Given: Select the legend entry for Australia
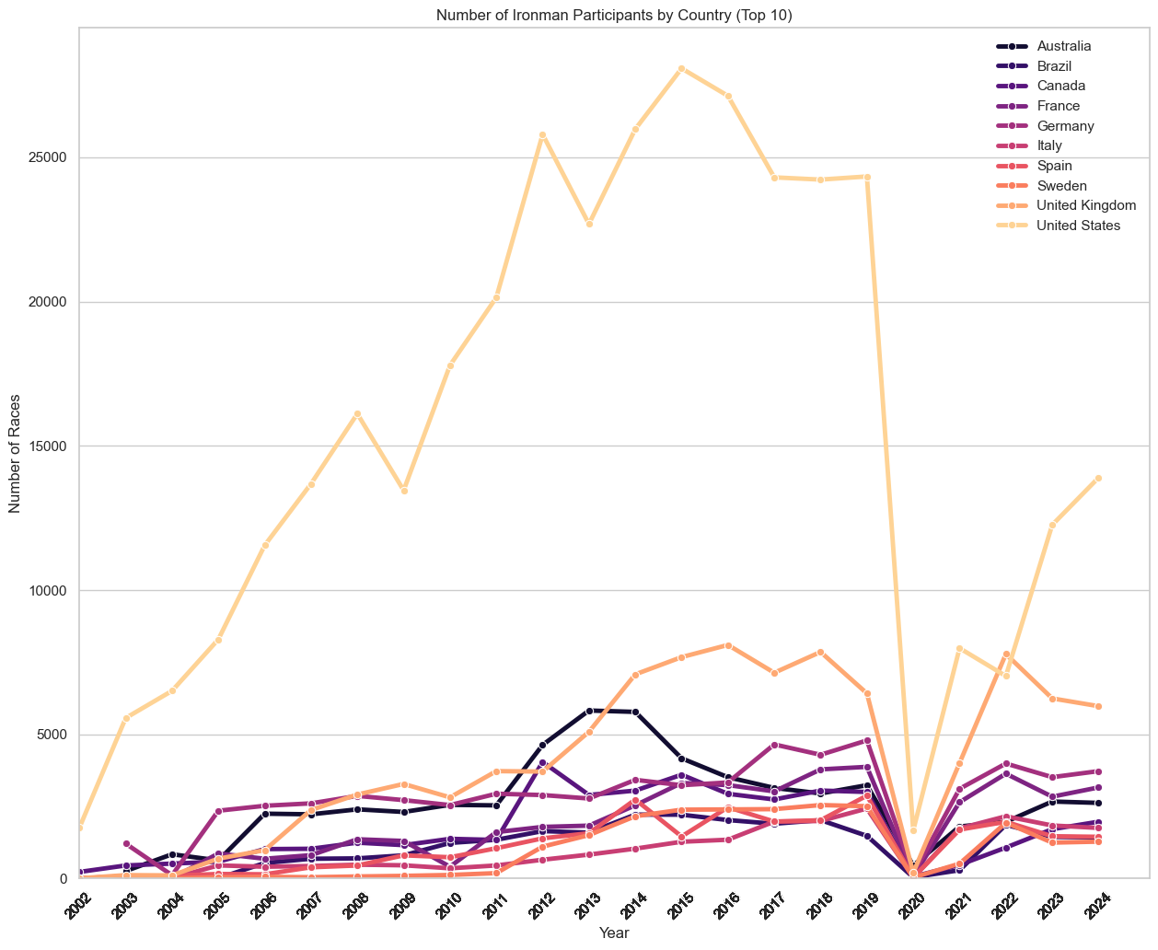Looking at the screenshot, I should click(x=1064, y=46).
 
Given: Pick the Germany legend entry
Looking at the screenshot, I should click(x=1064, y=125).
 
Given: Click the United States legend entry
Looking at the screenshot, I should click(x=1078, y=226).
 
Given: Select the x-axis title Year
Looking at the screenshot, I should click(x=614, y=933).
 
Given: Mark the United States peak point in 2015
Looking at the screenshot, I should click(x=682, y=68).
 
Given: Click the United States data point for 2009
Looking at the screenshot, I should click(x=404, y=491).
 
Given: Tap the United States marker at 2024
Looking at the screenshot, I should click(x=1098, y=478).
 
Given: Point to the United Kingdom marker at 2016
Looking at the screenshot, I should click(x=728, y=645).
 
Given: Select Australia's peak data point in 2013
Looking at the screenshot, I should click(x=589, y=711).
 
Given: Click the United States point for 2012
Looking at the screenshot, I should click(x=543, y=134).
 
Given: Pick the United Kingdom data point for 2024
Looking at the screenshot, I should click(x=1098, y=706).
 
